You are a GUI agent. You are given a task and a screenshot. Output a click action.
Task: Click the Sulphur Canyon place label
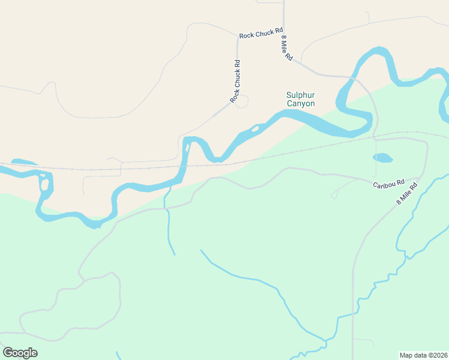coord(300,99)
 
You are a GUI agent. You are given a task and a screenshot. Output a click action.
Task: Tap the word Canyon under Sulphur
coord(300,104)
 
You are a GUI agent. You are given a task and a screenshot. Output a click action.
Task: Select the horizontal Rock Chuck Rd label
coord(261,34)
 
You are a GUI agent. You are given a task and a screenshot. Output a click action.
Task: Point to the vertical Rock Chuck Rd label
coord(236,80)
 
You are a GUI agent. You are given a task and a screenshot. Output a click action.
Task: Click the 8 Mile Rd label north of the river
coord(286,48)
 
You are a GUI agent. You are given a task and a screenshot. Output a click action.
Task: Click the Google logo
coord(20,353)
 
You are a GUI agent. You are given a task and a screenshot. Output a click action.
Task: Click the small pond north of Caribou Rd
coord(382,158)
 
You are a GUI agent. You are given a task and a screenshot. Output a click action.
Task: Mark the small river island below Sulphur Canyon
coord(255,128)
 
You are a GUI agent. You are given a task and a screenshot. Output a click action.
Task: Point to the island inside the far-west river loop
coord(44,186)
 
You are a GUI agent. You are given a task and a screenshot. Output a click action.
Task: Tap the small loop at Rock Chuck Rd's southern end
coord(242,102)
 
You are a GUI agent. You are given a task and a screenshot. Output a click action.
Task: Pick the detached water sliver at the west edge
coord(23,162)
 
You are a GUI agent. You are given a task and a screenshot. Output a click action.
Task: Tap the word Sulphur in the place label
coord(300,95)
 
